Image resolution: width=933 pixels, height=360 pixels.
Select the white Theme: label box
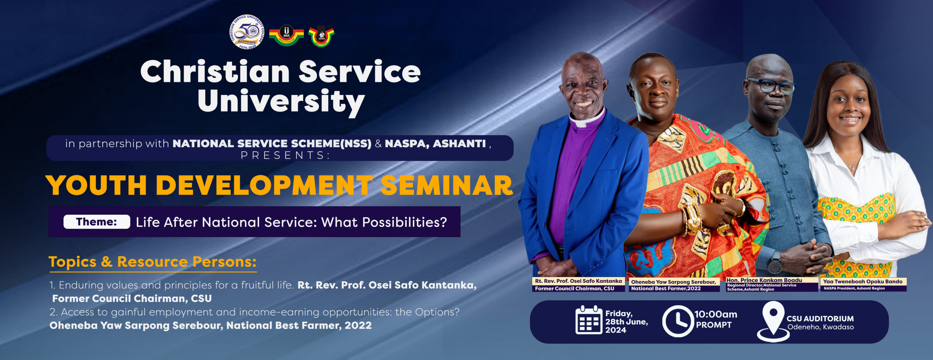tap(97, 222)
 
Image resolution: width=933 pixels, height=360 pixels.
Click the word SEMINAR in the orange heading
tap(446, 185)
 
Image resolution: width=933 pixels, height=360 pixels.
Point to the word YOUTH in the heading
tap(96, 185)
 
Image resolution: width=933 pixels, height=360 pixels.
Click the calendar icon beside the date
tap(589, 320)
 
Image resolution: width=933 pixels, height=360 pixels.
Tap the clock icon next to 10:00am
tap(678, 321)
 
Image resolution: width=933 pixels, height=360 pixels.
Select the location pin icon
tap(773, 321)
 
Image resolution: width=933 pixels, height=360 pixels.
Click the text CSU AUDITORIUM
tap(820, 318)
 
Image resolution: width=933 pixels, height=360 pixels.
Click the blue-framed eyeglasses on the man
tap(772, 86)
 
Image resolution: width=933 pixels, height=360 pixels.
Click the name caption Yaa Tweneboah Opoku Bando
tap(862, 281)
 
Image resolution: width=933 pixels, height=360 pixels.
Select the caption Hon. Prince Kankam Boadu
tap(764, 280)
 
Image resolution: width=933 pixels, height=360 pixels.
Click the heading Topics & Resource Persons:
tap(153, 262)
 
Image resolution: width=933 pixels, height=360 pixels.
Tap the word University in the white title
tap(281, 101)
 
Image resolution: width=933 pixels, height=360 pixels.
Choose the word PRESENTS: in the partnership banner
tap(285, 155)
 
